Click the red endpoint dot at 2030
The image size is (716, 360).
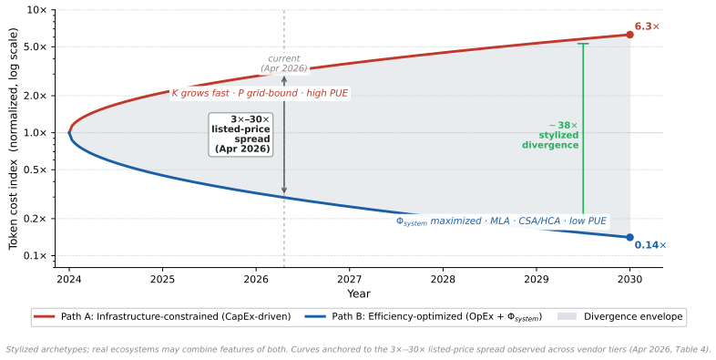629,35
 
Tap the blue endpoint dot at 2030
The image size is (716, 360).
629,237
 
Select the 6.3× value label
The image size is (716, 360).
647,26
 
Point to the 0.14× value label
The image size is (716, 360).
650,245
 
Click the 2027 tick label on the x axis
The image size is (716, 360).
349,279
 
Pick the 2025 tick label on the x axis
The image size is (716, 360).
162,279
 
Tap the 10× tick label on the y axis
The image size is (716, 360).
37,10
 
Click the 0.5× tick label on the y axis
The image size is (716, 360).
36,170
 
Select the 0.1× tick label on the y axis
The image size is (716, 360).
36,256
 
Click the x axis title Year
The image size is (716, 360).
359,293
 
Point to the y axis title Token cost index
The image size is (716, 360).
14,139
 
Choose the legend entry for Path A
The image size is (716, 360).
163,316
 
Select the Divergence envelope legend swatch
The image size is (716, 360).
568,316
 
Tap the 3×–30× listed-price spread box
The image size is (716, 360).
240,134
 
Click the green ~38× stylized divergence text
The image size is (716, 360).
550,135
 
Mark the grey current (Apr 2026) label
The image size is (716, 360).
284,64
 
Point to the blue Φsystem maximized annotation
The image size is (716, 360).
501,221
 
